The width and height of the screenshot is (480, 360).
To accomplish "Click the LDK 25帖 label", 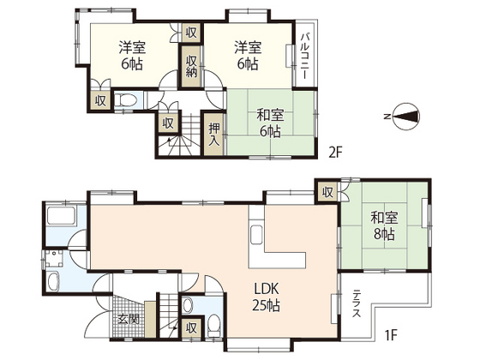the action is pyautogui.click(x=266, y=297).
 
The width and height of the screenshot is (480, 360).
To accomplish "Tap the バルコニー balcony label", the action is pyautogui.click(x=304, y=56).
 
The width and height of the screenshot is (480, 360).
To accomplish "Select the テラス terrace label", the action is pyautogui.click(x=356, y=303).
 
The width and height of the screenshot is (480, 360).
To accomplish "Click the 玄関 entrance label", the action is pyautogui.click(x=129, y=319).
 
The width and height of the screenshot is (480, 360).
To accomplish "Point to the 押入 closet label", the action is pyautogui.click(x=214, y=135).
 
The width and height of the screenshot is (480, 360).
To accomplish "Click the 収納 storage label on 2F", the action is pyautogui.click(x=191, y=66).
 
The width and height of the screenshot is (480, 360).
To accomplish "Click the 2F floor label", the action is pyautogui.click(x=335, y=153).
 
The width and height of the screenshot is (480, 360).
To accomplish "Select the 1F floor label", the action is pyautogui.click(x=391, y=334).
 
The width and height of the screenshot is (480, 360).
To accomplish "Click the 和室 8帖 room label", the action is pyautogui.click(x=384, y=226).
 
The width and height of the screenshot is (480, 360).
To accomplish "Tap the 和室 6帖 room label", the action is pyautogui.click(x=270, y=123).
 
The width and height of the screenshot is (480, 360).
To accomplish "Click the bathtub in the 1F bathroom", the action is pyautogui.click(x=61, y=216).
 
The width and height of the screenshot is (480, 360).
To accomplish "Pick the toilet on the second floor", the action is pyautogui.click(x=126, y=99).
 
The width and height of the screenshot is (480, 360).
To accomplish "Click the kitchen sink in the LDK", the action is pyautogui.click(x=256, y=235).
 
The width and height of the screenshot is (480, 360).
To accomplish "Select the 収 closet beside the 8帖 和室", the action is pyautogui.click(x=327, y=193).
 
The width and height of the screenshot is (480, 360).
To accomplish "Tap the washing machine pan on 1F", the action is pyautogui.click(x=55, y=259).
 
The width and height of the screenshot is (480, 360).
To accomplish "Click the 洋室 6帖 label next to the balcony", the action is pyautogui.click(x=248, y=56).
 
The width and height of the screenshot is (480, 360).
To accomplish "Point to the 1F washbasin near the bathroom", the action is pyautogui.click(x=54, y=281).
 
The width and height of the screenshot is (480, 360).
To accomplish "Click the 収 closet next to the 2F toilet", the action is pyautogui.click(x=100, y=101).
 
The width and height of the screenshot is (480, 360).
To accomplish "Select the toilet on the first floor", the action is pyautogui.click(x=213, y=325).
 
